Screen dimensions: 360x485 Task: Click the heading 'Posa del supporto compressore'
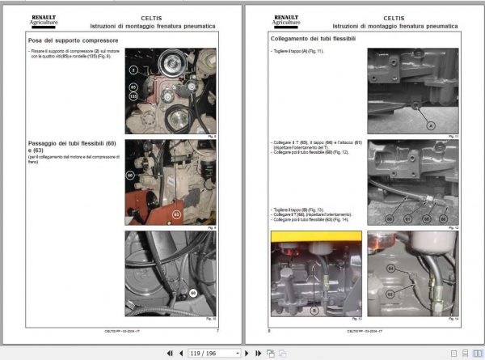(74, 40)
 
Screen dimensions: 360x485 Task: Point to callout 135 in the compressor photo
(133, 95)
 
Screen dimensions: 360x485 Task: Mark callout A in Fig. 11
(430, 125)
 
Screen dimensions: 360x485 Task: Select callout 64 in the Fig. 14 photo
(390, 267)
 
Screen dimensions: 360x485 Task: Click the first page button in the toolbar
(171, 353)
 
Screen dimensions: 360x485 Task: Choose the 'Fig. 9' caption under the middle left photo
(211, 227)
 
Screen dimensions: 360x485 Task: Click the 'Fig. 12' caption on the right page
(453, 228)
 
